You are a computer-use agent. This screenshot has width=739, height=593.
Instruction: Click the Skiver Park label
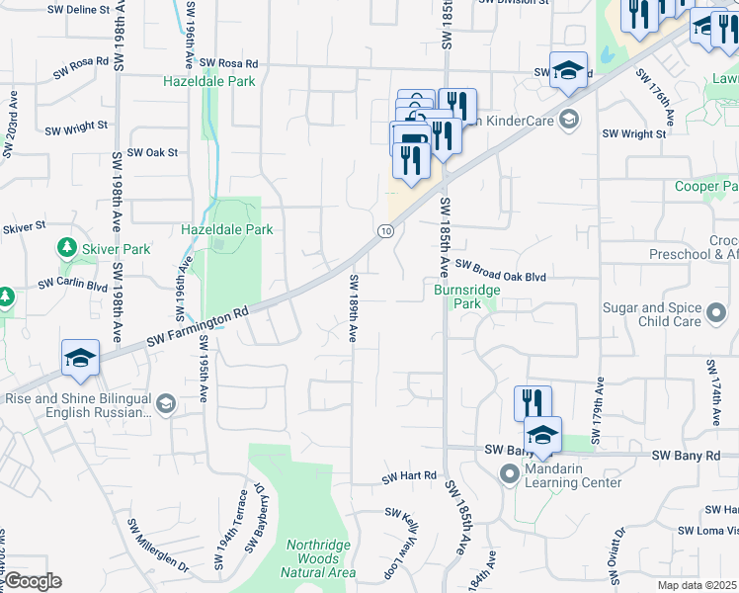pyautogui.click(x=116, y=249)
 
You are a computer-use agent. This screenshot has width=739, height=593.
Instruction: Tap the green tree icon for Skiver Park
pyautogui.click(x=67, y=247)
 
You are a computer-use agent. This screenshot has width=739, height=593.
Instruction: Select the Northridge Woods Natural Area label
pyautogui.click(x=321, y=558)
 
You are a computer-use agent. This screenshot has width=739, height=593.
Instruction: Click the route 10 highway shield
pyautogui.click(x=385, y=230)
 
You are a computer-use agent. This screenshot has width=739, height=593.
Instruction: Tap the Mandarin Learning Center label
pyautogui.click(x=573, y=475)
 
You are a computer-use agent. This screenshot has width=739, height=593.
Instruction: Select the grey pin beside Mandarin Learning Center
pyautogui.click(x=510, y=475)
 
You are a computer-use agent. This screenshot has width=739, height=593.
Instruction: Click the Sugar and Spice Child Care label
pyautogui.click(x=655, y=315)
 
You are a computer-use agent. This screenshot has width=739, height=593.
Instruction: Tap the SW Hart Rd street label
pyautogui.click(x=409, y=476)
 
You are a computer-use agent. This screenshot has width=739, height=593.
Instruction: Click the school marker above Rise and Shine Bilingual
pyautogui.click(x=81, y=359)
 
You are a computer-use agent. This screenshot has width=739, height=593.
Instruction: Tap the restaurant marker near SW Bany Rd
pyautogui.click(x=532, y=402)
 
